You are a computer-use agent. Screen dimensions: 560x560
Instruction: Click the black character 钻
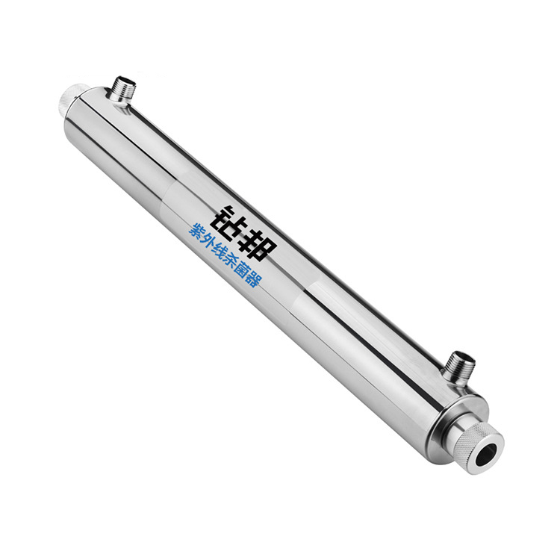228,223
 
